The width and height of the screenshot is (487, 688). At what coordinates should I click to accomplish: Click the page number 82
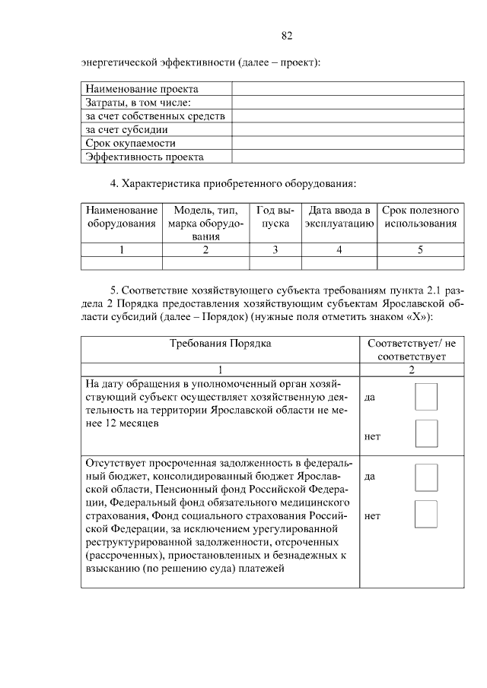click(287, 35)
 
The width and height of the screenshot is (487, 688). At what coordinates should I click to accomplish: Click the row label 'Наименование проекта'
click(142, 89)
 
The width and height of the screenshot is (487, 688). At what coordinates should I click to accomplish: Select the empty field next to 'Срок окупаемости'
click(347, 143)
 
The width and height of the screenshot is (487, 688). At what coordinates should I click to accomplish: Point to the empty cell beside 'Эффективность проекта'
click(347, 157)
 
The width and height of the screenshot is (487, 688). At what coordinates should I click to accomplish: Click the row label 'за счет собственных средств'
click(155, 116)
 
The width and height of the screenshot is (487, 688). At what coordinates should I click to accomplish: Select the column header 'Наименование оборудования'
click(122, 217)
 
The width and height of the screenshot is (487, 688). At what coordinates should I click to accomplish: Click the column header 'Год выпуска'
click(275, 217)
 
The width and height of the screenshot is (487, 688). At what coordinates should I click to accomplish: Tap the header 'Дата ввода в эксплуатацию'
click(339, 217)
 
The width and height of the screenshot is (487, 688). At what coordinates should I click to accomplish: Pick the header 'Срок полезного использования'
click(420, 217)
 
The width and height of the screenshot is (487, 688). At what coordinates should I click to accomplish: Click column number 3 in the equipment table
click(275, 249)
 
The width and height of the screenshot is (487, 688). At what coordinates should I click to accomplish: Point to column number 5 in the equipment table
click(420, 249)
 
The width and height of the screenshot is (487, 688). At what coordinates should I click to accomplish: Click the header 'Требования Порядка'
click(220, 343)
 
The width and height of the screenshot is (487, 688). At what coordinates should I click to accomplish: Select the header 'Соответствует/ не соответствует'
click(412, 349)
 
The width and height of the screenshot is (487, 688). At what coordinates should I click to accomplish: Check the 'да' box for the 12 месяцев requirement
click(426, 397)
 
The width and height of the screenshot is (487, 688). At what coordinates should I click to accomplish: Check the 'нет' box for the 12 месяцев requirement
click(426, 433)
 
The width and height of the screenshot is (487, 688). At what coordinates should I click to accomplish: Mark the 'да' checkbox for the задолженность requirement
click(426, 477)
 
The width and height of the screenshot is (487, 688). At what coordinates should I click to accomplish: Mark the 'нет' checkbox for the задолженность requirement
click(426, 514)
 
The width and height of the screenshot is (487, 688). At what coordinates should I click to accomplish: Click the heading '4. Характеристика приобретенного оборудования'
click(233, 182)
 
